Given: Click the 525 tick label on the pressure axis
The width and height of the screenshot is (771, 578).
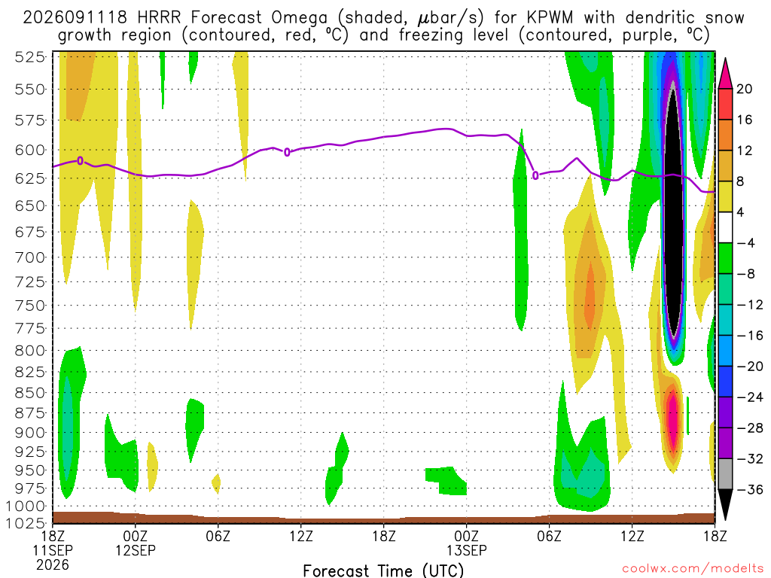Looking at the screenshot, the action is pyautogui.click(x=29, y=57).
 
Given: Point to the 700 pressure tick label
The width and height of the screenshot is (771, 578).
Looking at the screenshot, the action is pyautogui.click(x=29, y=257).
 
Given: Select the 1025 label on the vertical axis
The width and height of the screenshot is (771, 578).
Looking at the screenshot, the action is pyautogui.click(x=26, y=522).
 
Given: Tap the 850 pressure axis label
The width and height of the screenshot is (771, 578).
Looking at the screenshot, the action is pyautogui.click(x=29, y=393).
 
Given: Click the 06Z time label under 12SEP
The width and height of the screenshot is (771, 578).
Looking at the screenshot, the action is pyautogui.click(x=218, y=536).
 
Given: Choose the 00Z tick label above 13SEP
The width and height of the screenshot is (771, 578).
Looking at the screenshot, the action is pyautogui.click(x=466, y=536).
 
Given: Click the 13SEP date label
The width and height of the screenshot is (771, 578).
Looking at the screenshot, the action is pyautogui.click(x=466, y=550).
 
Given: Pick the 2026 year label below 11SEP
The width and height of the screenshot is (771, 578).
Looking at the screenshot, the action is pyautogui.click(x=53, y=564).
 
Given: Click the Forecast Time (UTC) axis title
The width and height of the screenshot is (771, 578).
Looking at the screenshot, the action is pyautogui.click(x=383, y=570).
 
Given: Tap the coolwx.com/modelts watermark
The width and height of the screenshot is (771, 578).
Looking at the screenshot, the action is pyautogui.click(x=693, y=569).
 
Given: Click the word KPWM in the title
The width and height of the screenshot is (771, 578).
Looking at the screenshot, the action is pyautogui.click(x=550, y=18).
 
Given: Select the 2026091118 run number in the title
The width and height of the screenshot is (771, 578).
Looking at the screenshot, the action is pyautogui.click(x=75, y=18).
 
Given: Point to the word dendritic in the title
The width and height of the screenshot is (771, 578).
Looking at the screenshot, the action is pyautogui.click(x=660, y=18).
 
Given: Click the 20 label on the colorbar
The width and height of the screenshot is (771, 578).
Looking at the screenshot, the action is pyautogui.click(x=744, y=89).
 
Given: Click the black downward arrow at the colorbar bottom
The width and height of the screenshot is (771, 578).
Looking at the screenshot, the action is pyautogui.click(x=725, y=504).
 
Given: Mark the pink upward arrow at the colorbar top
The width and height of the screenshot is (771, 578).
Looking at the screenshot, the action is pyautogui.click(x=725, y=75).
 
